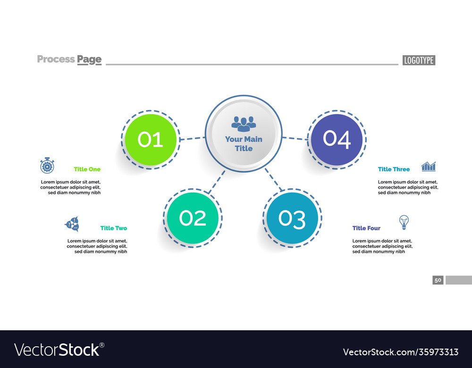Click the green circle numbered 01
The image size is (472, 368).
151,140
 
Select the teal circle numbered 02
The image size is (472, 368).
193,218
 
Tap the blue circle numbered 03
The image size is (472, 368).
292,218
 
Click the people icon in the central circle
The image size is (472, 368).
244,124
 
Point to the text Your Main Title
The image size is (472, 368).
244,143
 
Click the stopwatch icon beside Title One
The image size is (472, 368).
47,166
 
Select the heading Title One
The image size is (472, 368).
87,169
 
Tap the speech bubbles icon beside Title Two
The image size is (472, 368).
72,224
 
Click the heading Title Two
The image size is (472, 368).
113,228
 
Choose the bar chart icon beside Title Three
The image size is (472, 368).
429,166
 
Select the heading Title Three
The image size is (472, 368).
394,169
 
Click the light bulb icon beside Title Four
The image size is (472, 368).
404,222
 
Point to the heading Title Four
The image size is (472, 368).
366,228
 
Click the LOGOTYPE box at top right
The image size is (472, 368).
419,60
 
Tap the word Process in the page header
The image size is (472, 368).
56,59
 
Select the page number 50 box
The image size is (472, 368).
438,280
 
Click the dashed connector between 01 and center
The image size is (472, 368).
192,138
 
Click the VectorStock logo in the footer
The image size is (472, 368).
59,350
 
